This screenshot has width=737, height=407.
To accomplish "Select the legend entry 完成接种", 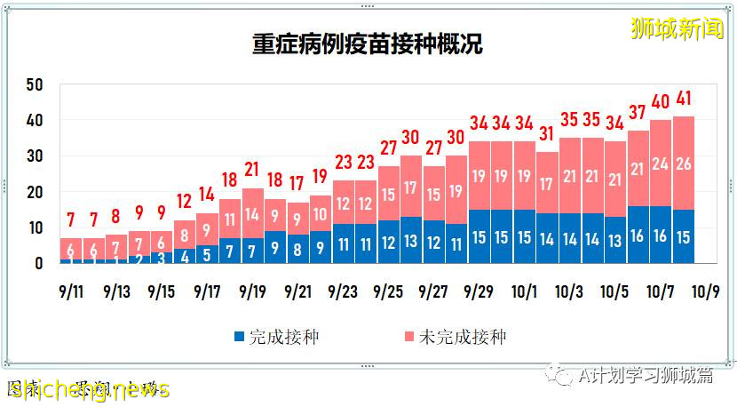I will point(276,338).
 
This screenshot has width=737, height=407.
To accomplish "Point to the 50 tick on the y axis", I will point(35,84).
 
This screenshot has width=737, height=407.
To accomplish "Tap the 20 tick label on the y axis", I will point(35,192).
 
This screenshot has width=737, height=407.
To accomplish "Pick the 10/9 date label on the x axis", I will point(707,291).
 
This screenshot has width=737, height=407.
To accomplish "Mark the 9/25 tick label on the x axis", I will point(388,291).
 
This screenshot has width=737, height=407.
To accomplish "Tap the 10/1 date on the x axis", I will point(524,291).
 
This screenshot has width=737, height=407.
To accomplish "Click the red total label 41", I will point(683,100).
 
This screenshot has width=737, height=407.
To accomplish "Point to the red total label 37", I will point(638,113).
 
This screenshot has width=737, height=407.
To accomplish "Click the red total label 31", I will point(546,135).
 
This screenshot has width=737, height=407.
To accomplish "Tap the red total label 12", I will point(184,202).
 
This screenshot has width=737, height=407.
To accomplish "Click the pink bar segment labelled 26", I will point(683,164).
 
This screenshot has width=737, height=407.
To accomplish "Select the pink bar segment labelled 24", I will point(660,164).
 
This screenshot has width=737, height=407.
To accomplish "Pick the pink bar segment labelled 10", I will point(321,213).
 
